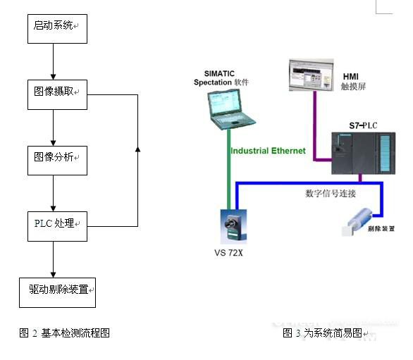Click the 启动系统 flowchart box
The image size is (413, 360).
[57, 27]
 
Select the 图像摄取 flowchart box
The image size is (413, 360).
[57, 93]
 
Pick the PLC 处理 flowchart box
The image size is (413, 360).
[57, 225]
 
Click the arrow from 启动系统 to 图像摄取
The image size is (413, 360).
[54, 61]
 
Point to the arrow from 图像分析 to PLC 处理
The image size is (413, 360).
[54, 193]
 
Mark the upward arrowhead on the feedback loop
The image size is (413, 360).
[137, 150]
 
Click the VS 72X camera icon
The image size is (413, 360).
[232, 228]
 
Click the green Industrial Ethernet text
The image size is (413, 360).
[268, 151]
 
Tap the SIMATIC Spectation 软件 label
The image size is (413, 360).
[222, 78]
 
